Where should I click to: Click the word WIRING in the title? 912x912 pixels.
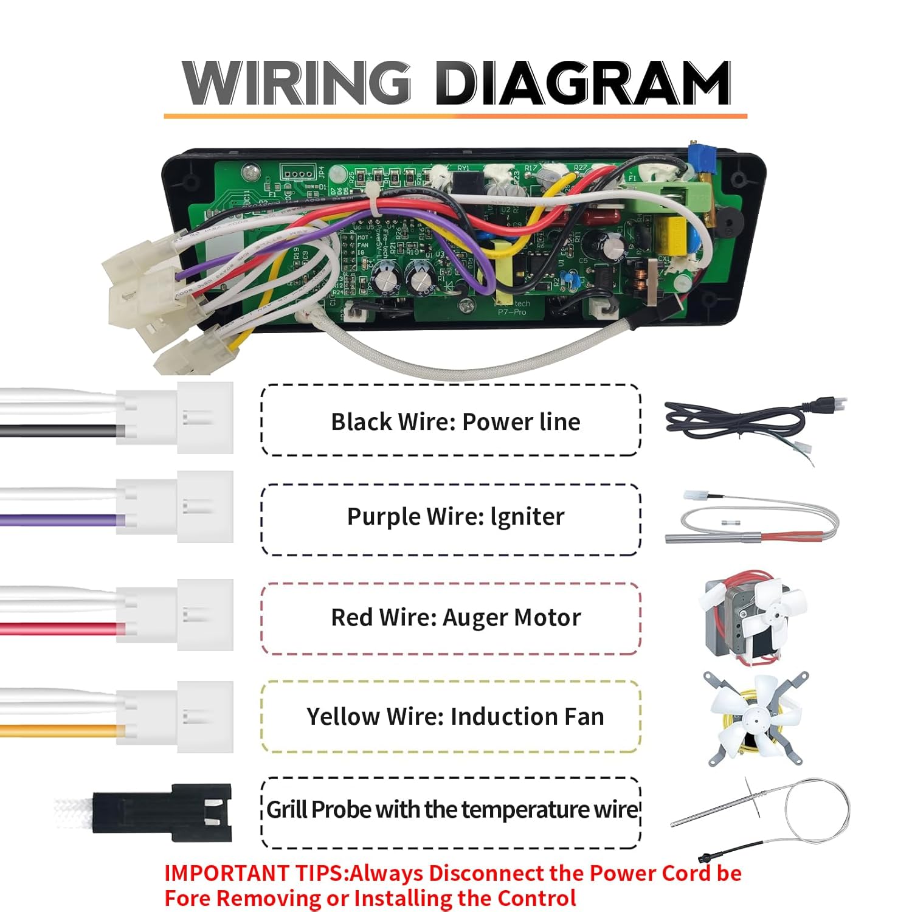(297, 84)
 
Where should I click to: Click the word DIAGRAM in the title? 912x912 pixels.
(582, 84)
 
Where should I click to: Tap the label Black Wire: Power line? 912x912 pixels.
(455, 421)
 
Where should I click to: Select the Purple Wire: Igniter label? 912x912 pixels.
(455, 517)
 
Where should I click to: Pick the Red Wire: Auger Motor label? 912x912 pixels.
(455, 617)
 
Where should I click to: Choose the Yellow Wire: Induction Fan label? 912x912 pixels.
(455, 716)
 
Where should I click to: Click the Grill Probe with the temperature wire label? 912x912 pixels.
(452, 810)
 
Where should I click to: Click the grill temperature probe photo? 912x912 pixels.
(766, 815)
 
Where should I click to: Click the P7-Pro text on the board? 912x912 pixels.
(511, 312)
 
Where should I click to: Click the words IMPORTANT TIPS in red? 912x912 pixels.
(255, 873)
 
